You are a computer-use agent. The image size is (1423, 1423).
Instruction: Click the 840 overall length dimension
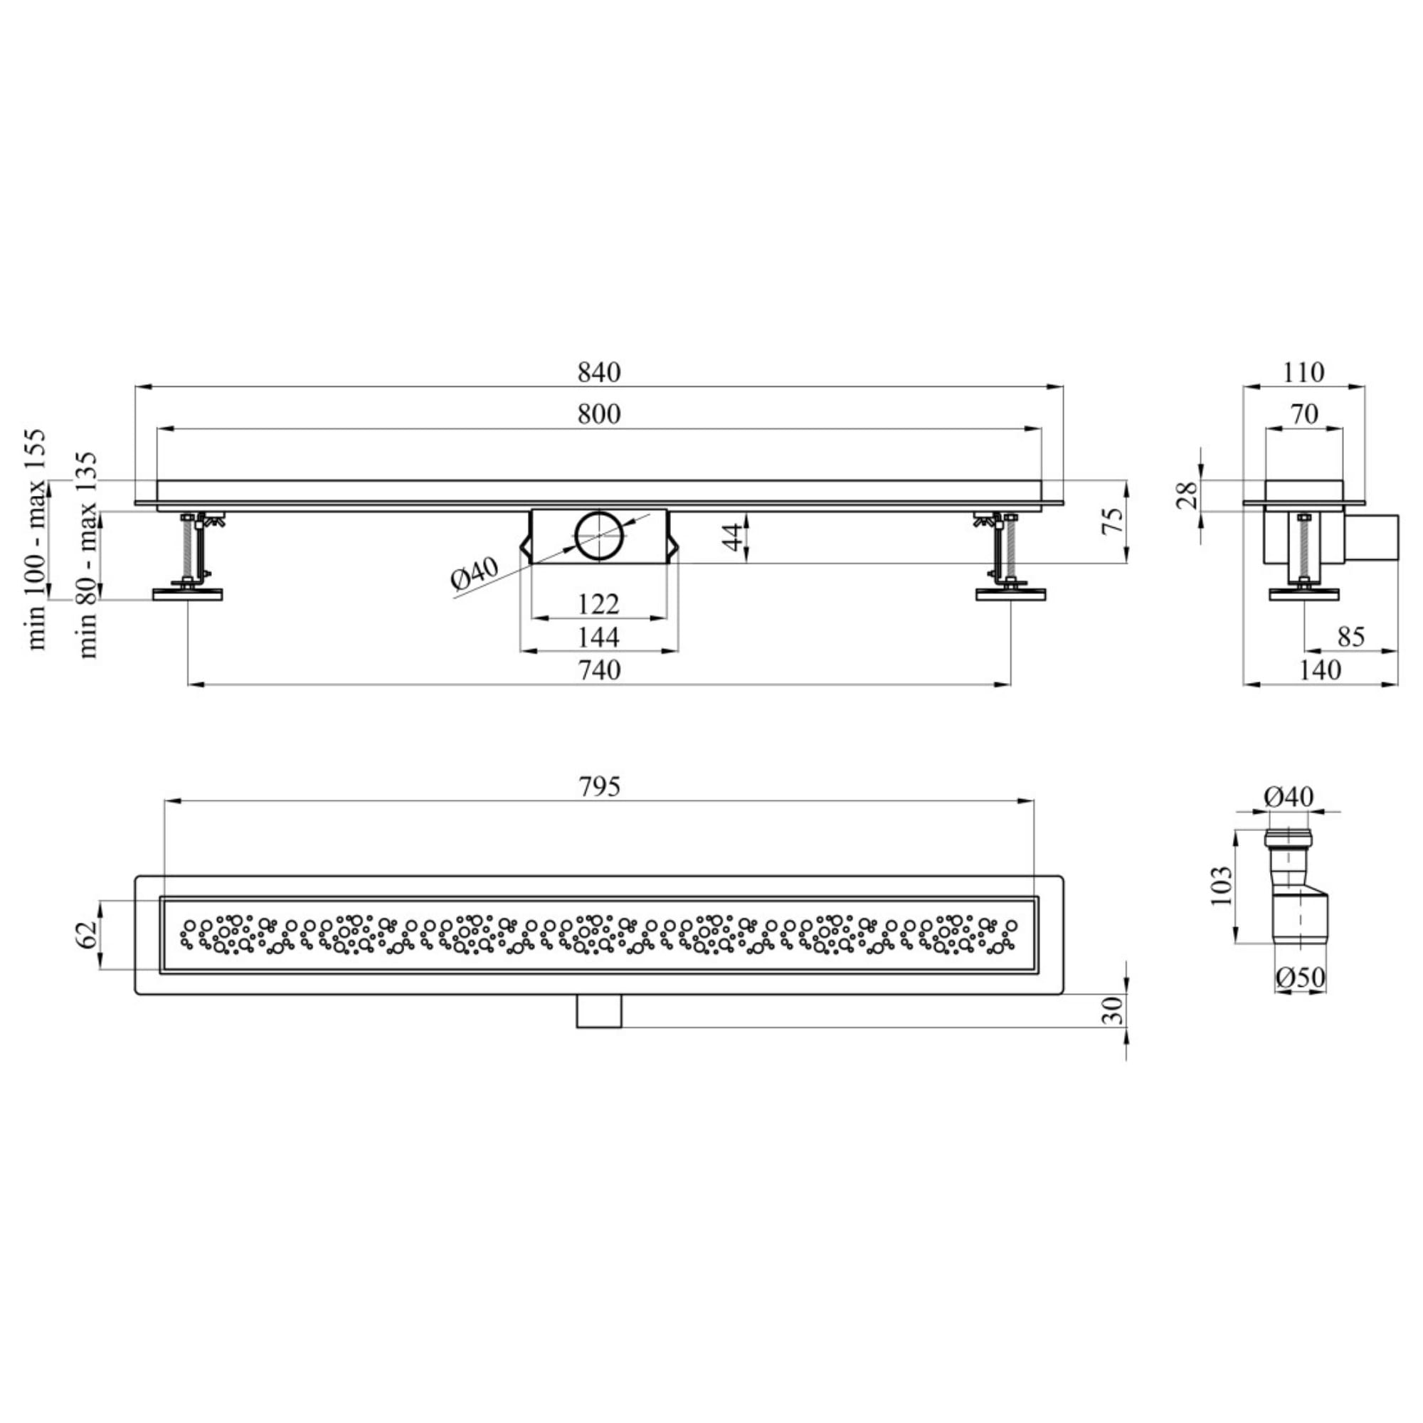point(599,372)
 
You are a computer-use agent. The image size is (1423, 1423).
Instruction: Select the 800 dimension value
point(599,414)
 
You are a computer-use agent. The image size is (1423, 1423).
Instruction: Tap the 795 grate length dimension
point(599,787)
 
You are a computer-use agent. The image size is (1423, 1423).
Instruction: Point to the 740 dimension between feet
point(600,670)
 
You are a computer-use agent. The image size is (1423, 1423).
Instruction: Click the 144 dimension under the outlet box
point(599,637)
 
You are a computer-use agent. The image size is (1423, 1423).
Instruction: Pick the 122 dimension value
point(598,605)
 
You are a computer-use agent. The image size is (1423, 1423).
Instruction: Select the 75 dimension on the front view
point(1114,522)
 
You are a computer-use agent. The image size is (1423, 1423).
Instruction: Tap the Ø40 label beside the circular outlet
point(475,574)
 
